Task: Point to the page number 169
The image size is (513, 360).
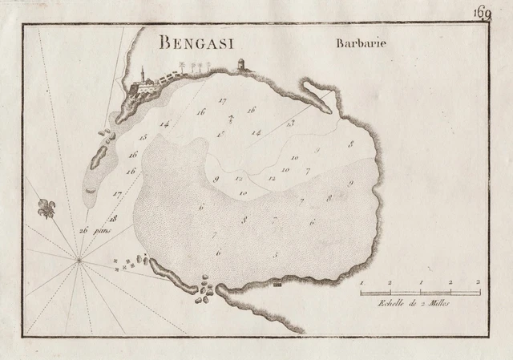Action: pyautogui.click(x=482, y=11)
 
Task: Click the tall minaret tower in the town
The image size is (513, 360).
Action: pyautogui.click(x=142, y=74)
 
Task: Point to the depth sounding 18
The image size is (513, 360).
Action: pyautogui.click(x=114, y=217)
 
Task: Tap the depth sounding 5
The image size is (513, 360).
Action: pyautogui.click(x=275, y=255)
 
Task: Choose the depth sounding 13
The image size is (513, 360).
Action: pyautogui.click(x=290, y=123)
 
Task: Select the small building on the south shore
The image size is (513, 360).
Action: pyautogui.click(x=277, y=283)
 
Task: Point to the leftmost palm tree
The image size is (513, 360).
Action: pyautogui.click(x=184, y=68)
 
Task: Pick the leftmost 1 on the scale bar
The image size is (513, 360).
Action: pyautogui.click(x=362, y=283)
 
